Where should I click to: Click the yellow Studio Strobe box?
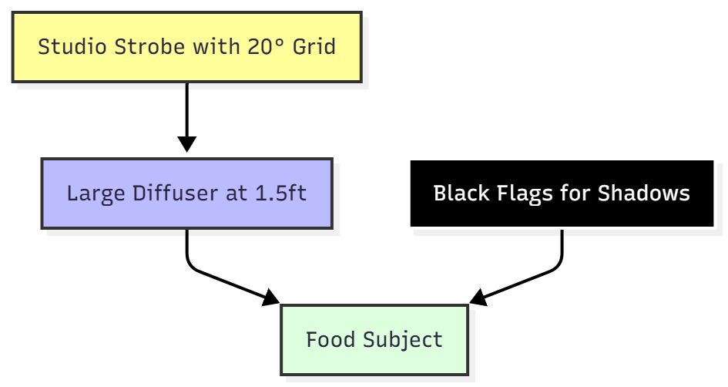186,46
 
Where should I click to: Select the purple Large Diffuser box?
186,193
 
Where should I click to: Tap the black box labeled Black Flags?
562,193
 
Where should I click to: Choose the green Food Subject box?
374,339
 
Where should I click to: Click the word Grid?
316,46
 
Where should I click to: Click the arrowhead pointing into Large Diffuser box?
186,145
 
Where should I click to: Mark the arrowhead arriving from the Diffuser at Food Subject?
271,298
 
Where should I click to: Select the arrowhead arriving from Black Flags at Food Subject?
478,298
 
